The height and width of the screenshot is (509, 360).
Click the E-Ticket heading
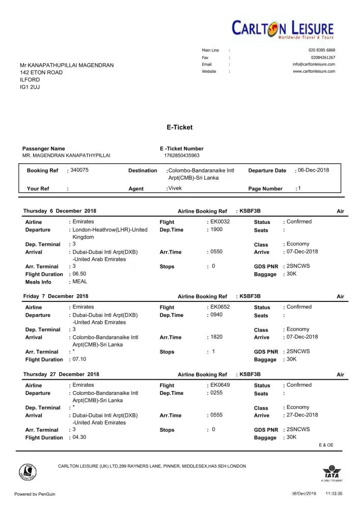(x=180, y=127)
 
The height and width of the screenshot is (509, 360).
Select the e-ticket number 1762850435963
(x=182, y=155)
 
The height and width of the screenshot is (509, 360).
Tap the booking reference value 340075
(x=79, y=170)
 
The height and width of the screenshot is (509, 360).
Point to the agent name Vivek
(x=175, y=188)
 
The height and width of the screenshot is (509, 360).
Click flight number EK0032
(x=220, y=222)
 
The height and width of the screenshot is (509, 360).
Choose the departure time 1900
(x=216, y=230)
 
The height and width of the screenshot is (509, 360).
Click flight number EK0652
(x=220, y=307)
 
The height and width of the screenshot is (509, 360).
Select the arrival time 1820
(x=216, y=337)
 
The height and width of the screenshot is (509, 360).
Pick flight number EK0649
(x=220, y=385)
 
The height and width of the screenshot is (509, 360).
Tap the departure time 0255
(x=216, y=392)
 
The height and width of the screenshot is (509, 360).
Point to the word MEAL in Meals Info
(x=80, y=281)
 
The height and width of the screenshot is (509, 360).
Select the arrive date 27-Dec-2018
(x=302, y=415)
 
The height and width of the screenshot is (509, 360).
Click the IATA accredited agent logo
(x=331, y=473)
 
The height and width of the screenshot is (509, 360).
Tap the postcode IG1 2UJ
(x=30, y=88)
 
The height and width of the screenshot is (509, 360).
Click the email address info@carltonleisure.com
(x=314, y=64)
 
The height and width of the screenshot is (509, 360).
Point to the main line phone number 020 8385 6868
(x=322, y=50)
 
